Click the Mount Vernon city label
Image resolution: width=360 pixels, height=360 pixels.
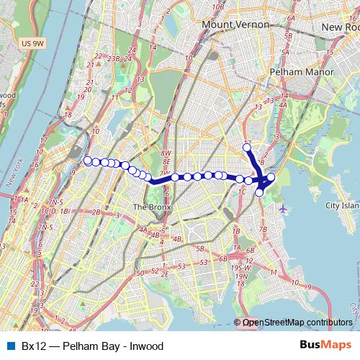(x=235, y=24)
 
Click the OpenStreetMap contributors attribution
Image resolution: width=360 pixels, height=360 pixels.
(x=297, y=323)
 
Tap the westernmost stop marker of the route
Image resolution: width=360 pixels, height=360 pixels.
(x=88, y=161)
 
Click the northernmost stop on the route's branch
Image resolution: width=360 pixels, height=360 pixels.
(x=247, y=148)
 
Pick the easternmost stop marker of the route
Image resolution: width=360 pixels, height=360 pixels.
(x=271, y=177)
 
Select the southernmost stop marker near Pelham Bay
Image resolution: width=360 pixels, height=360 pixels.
(x=259, y=192)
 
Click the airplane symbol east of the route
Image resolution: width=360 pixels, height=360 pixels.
(x=284, y=210)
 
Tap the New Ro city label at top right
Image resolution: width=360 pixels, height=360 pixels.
(x=341, y=27)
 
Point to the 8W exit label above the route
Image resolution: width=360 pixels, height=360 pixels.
(x=166, y=153)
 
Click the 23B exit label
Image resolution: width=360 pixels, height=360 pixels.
(x=113, y=58)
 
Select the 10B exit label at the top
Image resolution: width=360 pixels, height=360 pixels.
(x=218, y=6)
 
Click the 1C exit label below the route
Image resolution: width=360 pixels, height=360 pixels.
(x=243, y=192)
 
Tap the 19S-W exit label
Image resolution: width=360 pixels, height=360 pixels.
(x=240, y=267)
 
